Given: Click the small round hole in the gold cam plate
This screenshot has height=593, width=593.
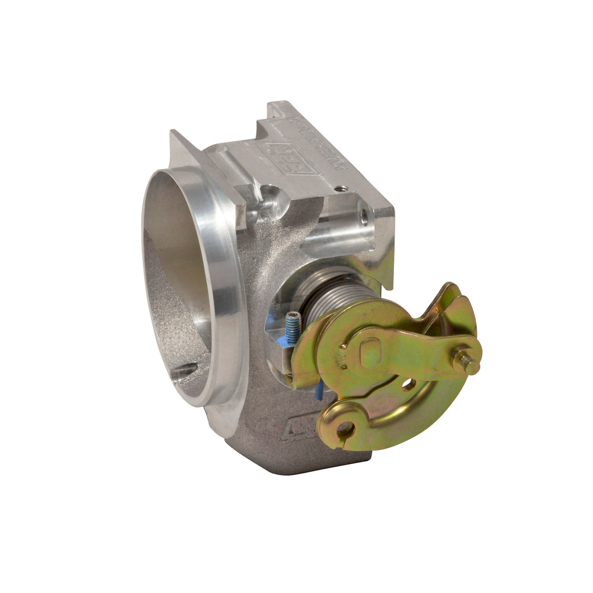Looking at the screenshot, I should (406, 385).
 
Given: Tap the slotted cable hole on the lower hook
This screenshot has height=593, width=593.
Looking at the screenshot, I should (345, 428).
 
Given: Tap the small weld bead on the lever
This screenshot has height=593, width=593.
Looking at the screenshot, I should (343, 360).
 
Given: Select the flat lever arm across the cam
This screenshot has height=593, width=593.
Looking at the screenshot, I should (415, 349).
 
